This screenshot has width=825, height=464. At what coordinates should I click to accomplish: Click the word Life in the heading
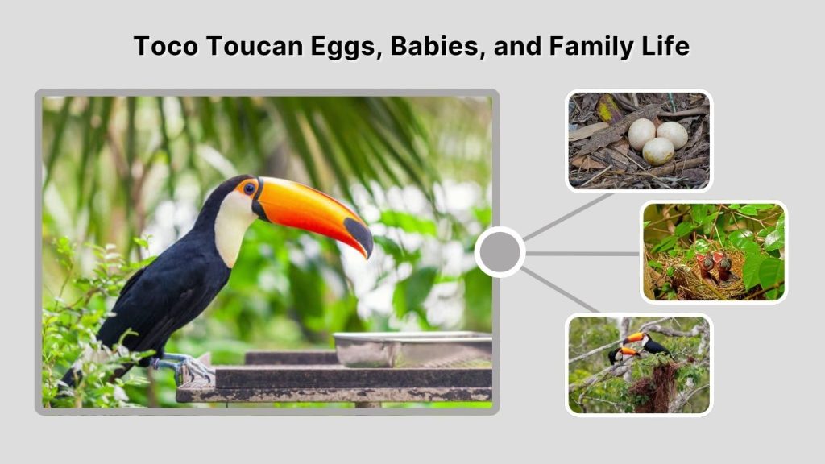(x=665, y=46)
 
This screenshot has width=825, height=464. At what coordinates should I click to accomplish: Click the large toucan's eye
(x=250, y=188)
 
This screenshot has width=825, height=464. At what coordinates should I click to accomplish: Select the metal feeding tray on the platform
(x=411, y=346)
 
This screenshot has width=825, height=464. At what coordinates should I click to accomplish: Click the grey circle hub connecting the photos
(x=500, y=252)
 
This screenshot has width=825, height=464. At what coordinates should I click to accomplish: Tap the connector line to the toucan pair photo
(x=560, y=290)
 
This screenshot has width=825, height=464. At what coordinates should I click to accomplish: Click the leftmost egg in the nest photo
(x=641, y=133)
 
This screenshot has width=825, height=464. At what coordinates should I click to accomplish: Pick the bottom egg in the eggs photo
(x=658, y=151)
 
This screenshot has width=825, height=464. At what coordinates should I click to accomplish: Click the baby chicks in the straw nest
(x=715, y=266)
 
